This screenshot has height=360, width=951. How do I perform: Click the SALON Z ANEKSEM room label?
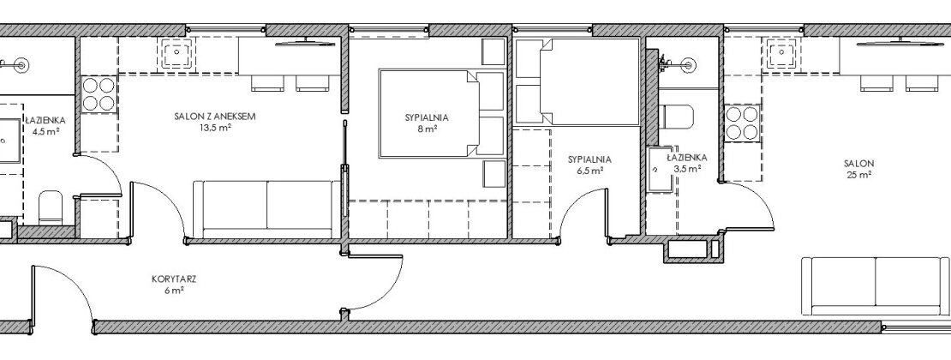pos(214,122)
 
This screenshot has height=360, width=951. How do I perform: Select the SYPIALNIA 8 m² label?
pos(427,123)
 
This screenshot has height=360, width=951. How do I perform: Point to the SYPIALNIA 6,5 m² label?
pos(589,165)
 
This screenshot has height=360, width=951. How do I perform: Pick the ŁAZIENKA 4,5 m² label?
pos(45,126)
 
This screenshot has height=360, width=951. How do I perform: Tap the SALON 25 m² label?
pos(858,169)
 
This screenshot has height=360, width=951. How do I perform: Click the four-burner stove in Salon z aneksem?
pos(99,93)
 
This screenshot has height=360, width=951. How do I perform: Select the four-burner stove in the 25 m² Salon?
pos(741,123)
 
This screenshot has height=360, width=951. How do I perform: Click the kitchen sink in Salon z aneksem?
pos(176,53)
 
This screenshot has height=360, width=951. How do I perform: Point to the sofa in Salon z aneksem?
pos(266,209)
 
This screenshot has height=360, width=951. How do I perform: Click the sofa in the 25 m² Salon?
pos(876,286)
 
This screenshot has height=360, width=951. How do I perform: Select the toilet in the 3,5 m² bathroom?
pos(676,117)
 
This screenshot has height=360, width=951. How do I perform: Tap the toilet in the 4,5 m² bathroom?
pos(51,207)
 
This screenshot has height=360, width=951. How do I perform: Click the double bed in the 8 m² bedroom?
pos(441,113)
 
